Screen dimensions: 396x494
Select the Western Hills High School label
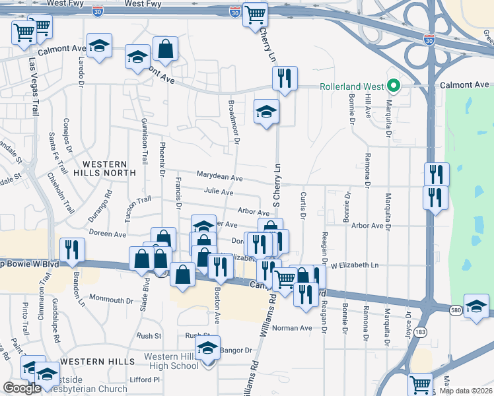[x=170, y=362]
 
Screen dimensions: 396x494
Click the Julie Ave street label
[x=219, y=192]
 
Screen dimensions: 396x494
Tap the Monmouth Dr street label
[x=111, y=300]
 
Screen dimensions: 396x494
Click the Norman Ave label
[x=292, y=328]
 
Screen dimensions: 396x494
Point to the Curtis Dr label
[x=303, y=205]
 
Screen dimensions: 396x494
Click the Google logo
[x=22, y=388]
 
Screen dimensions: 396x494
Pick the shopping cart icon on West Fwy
[x=254, y=14]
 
